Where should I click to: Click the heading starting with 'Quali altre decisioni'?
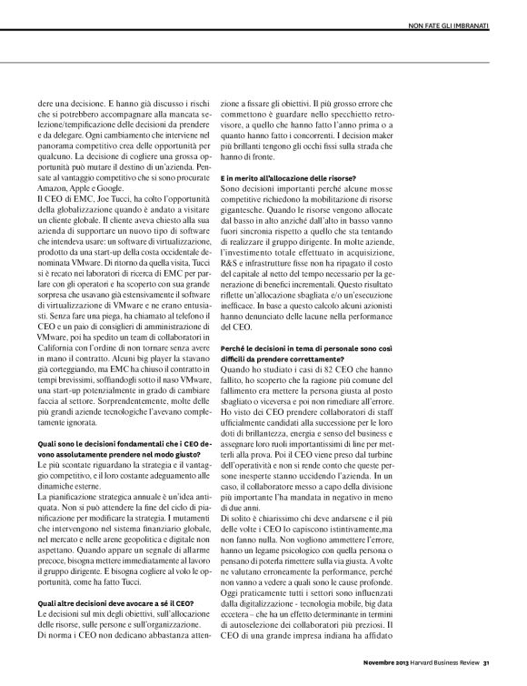pyautogui.click(x=103, y=577)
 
